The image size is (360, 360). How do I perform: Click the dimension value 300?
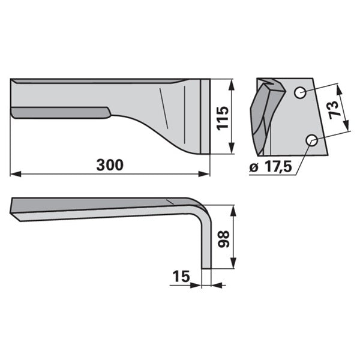tap(110, 165)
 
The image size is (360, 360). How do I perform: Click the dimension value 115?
tap(223, 118)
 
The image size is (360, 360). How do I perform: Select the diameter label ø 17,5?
tap(271, 166)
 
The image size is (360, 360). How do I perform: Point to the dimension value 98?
tap(224, 239)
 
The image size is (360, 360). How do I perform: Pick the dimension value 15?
tap(181, 276)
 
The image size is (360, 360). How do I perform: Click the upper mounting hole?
tap(300, 93)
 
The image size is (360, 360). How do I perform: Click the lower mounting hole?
tap(312, 140)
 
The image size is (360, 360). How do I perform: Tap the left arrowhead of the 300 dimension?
tap(16, 174)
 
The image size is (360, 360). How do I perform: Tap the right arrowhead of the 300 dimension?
tap(204, 174)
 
